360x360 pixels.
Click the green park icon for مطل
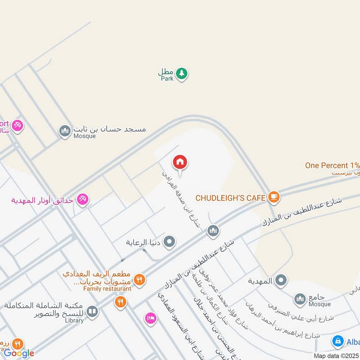point(181,73)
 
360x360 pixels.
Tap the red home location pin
point(180,162)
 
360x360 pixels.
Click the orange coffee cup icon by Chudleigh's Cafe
point(273,197)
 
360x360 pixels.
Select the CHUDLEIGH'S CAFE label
point(230,198)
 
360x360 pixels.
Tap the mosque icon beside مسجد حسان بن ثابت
point(65,131)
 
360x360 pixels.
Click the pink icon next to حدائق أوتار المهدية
point(82,199)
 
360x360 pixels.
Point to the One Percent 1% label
point(332,165)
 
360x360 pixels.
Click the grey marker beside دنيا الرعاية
point(170,242)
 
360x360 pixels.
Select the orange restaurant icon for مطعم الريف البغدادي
point(139,280)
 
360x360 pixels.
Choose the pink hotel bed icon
point(150,318)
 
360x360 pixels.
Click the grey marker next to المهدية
point(281,281)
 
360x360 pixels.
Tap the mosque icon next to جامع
point(300,298)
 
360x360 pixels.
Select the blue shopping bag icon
point(337,342)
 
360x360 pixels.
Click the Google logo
point(19,353)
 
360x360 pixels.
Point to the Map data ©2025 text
point(336,355)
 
